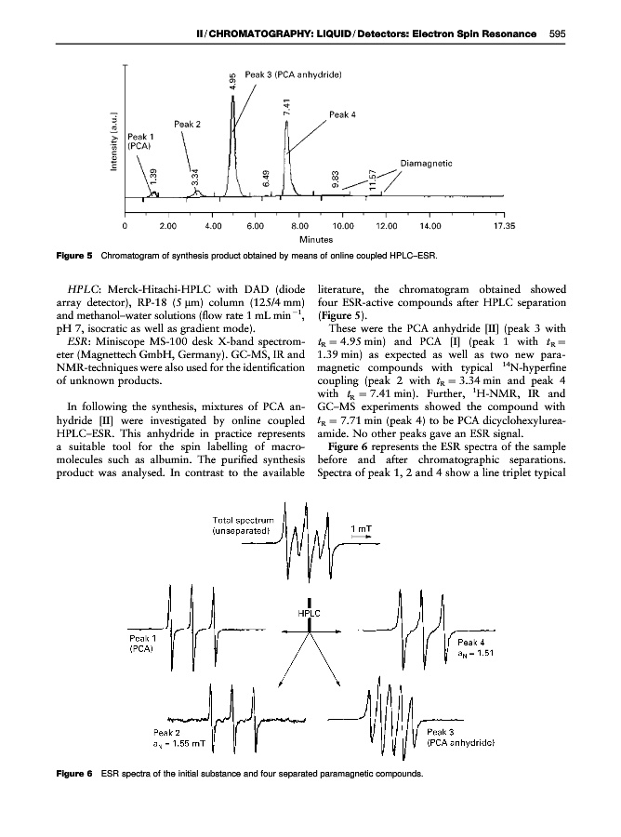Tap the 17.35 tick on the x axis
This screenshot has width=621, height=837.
point(504,225)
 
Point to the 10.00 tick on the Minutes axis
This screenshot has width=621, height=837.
point(342,225)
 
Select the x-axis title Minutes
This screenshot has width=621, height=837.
point(316,239)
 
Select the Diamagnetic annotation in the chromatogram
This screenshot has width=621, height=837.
point(429,160)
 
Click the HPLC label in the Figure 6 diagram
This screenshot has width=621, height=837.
point(310,615)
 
